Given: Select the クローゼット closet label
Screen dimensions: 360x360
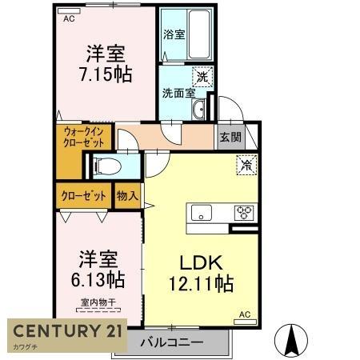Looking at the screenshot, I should pos(83,194).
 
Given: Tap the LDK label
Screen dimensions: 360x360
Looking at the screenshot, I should pos(199,262).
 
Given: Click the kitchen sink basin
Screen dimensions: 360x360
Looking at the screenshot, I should pos(200,213).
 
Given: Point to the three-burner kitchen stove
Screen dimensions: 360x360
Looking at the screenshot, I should pos(242,213).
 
